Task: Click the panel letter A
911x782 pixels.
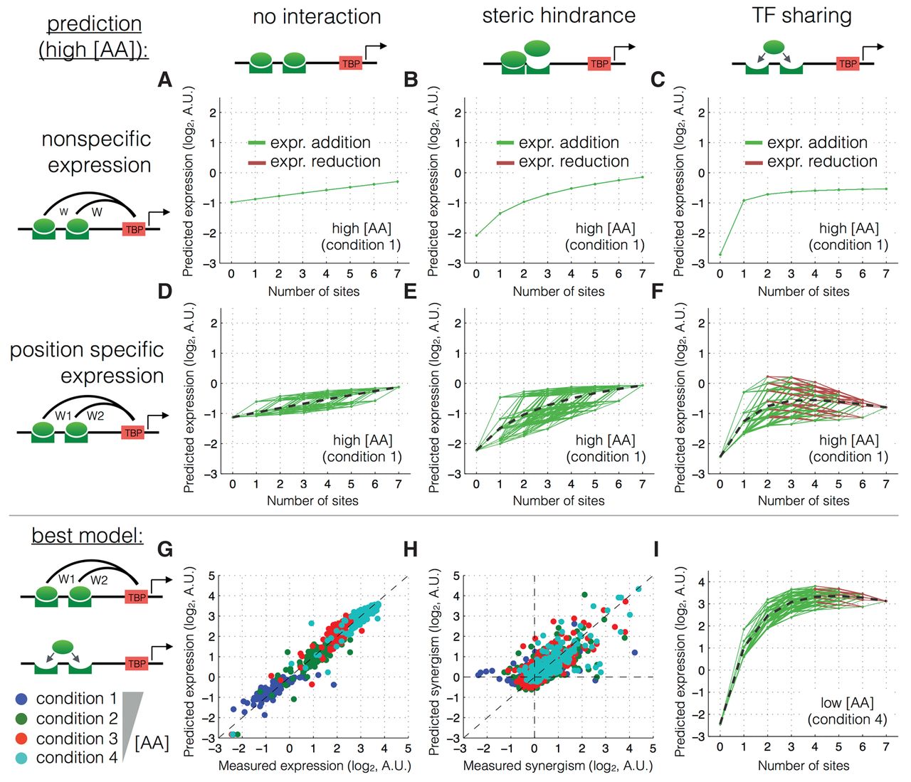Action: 165,80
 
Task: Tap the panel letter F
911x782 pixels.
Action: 658,292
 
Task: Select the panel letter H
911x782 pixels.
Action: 411,549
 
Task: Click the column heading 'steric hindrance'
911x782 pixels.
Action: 559,16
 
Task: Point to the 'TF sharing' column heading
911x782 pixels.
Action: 801,16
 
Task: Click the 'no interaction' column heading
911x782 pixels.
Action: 317,16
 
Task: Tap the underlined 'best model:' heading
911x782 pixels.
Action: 87,534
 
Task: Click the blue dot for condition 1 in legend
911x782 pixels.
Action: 21,699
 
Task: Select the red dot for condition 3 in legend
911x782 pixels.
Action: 21,739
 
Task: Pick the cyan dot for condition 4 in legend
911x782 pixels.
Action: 21,758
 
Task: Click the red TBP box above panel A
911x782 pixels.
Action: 351,63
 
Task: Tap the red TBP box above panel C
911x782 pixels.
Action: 848,63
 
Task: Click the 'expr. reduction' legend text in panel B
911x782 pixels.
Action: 574,162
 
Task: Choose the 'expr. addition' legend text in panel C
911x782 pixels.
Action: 817,142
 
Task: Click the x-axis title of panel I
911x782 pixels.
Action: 803,766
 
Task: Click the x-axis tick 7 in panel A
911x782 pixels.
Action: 397,273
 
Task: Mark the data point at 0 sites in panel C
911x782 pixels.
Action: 720,254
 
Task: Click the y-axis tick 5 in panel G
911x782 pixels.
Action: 211,576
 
